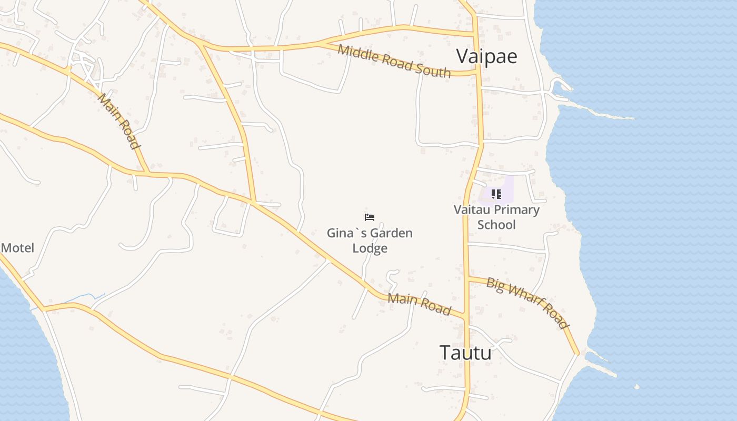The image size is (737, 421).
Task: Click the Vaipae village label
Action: click(x=486, y=56)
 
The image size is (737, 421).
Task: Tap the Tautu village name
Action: click(x=465, y=353)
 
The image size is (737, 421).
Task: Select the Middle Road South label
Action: click(x=394, y=61)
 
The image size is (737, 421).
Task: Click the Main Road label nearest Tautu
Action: click(x=420, y=304)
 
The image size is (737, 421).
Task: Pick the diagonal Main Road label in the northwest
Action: click(x=119, y=121)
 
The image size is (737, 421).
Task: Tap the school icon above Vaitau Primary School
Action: click(x=496, y=194)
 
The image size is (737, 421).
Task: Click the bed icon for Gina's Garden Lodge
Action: click(x=370, y=217)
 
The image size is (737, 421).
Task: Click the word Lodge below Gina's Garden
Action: click(x=370, y=248)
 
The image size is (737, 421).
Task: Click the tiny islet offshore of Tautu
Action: click(x=637, y=387)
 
